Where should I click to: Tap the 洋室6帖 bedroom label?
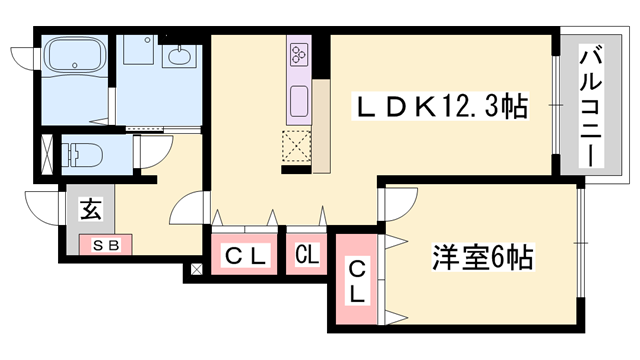pos(482,259)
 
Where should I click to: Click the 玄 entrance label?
pos(90,210)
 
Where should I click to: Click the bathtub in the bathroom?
pos(75,58)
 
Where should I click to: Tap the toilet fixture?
pos(78,155)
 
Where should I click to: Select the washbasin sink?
pos(182,57)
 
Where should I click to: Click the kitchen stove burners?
pos(300,51)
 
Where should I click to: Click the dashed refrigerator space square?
pos(297,146)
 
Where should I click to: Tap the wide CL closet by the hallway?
pos(245,256)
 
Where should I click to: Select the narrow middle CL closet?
pos(307,255)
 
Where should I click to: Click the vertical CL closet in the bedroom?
pos(357,281)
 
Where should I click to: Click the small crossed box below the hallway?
pos(196,268)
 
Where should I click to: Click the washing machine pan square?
pos(138,54)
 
